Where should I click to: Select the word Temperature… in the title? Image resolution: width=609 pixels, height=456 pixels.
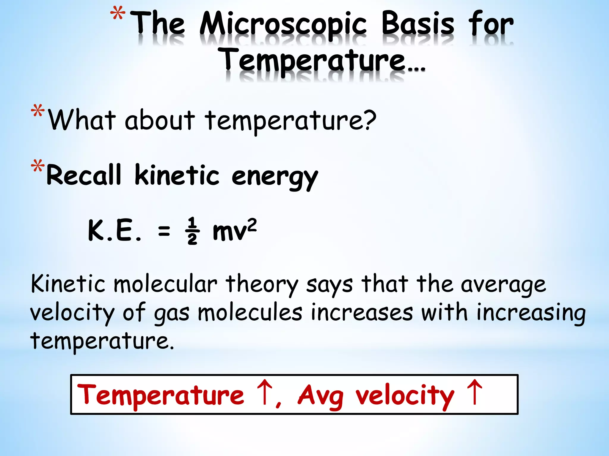pyautogui.click(x=322, y=61)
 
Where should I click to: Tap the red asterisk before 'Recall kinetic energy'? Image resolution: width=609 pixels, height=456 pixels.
pyautogui.click(x=38, y=167)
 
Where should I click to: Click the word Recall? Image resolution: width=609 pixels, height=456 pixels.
pyautogui.click(x=84, y=175)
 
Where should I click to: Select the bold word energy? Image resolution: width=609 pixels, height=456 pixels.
pyautogui.click(x=275, y=177)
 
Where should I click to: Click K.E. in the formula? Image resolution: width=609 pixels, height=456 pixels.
pyautogui.click(x=114, y=231)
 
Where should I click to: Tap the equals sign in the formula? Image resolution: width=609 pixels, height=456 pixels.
pyautogui.click(x=164, y=231)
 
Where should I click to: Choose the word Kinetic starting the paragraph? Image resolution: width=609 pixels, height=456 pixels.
pyautogui.click(x=68, y=284)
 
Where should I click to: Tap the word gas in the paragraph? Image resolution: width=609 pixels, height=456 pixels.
pyautogui.click(x=172, y=313)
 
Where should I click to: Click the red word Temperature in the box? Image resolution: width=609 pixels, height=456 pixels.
pyautogui.click(x=161, y=395)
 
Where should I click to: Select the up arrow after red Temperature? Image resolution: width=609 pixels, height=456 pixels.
pyautogui.click(x=264, y=392)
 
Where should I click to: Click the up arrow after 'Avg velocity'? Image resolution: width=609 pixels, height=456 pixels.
pyautogui.click(x=474, y=392)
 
